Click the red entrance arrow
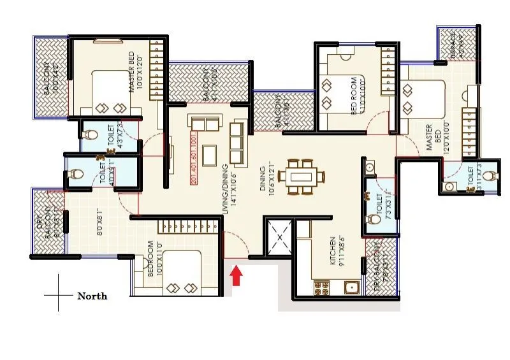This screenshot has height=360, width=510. pyautogui.click(x=237, y=276)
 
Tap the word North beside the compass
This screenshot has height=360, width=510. pyautogui.click(x=92, y=296)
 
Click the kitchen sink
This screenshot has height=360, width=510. pyautogui.click(x=350, y=287)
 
